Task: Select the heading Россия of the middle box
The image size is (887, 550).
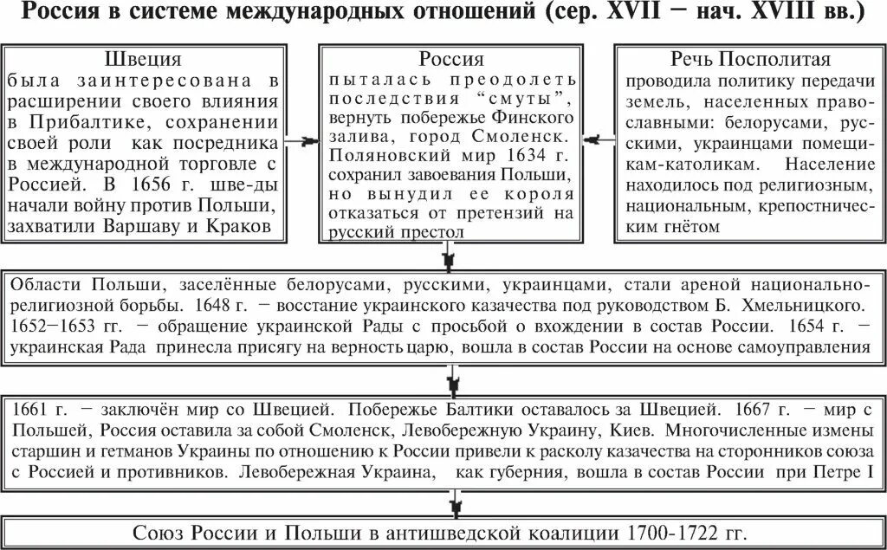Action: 451,60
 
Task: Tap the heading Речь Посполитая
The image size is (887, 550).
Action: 750,60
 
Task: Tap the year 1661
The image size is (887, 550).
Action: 31,408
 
